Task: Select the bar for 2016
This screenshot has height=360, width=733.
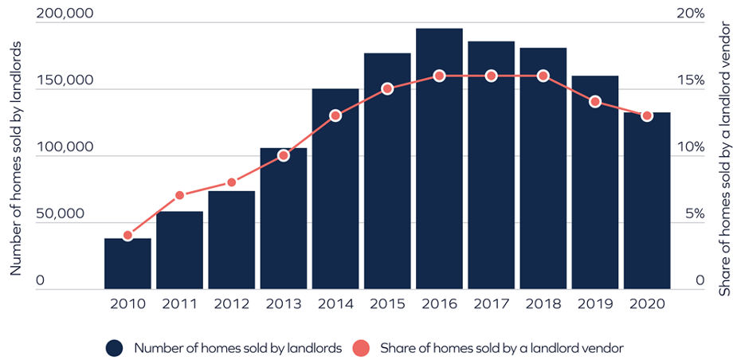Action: (x=439, y=159)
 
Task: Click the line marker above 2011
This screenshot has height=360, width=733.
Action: (x=179, y=195)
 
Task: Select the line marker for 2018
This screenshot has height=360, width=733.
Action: (x=543, y=76)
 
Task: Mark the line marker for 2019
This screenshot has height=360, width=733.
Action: (x=594, y=102)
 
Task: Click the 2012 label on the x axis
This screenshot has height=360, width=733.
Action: (x=231, y=303)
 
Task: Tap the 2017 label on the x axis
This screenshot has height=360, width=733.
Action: (x=491, y=303)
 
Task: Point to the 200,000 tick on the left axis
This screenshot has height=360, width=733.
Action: (x=65, y=14)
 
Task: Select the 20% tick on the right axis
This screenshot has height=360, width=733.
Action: (x=690, y=14)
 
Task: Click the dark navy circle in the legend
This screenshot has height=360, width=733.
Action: (x=115, y=347)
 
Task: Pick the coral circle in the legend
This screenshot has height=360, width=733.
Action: (x=361, y=347)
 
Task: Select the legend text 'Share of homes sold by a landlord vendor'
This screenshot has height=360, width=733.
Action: (x=500, y=347)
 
